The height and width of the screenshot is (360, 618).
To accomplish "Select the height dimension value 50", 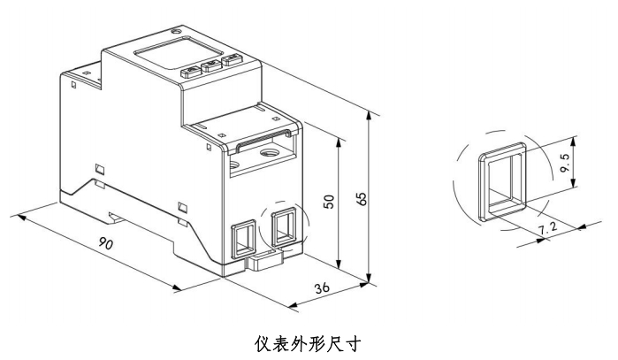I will (x=328, y=201).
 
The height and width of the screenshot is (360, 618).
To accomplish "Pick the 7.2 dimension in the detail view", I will (x=548, y=230).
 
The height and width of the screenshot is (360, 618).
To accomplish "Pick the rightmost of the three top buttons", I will (x=232, y=62).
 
